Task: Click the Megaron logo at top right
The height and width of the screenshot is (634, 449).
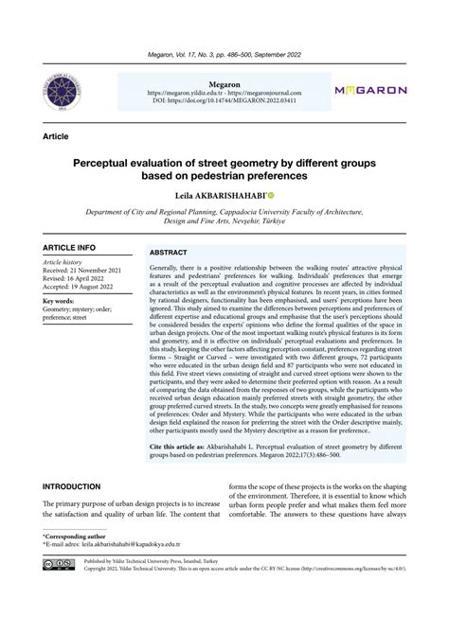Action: (x=370, y=90)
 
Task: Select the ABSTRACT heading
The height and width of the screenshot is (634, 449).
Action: (x=170, y=253)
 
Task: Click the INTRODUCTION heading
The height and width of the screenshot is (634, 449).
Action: (x=72, y=486)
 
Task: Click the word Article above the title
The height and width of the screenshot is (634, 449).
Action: (x=56, y=137)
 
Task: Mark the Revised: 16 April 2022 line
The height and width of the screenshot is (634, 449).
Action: (x=81, y=279)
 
